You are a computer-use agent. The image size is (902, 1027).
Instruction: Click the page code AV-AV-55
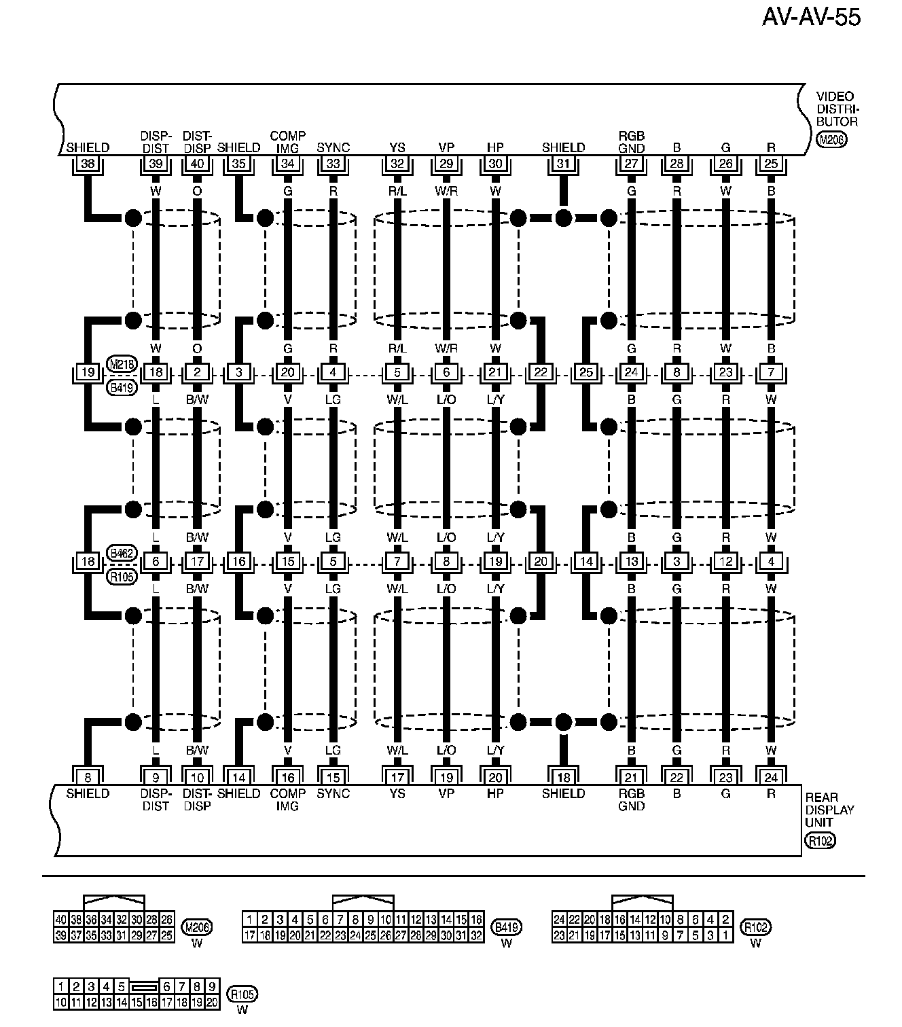tap(811, 17)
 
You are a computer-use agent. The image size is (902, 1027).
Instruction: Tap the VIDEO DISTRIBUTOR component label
tap(837, 109)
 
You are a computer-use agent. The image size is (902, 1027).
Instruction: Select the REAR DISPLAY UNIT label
tap(829, 810)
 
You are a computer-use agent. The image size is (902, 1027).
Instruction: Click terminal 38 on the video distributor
tap(88, 164)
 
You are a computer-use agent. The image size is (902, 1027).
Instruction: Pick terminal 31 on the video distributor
tap(563, 164)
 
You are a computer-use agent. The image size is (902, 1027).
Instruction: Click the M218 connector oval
tap(122, 364)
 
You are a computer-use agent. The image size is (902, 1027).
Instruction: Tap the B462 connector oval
tap(122, 554)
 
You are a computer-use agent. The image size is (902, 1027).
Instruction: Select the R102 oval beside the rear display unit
tap(820, 841)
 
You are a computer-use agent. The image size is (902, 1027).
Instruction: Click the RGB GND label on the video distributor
tap(632, 142)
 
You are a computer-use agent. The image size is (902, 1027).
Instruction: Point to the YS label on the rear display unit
tap(397, 793)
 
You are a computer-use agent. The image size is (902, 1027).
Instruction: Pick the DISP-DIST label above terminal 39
tap(156, 142)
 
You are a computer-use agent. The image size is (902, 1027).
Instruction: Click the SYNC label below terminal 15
tap(333, 793)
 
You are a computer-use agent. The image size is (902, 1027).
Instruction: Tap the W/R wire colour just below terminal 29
tap(446, 192)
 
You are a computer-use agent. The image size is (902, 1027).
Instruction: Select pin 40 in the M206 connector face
tap(61, 920)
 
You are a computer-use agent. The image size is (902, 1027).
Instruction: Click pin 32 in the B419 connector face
tap(476, 935)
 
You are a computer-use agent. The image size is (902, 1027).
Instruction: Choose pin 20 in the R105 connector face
tap(212, 1002)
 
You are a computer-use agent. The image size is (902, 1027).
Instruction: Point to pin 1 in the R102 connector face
tap(725, 935)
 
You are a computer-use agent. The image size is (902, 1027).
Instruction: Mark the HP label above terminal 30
tap(495, 147)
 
